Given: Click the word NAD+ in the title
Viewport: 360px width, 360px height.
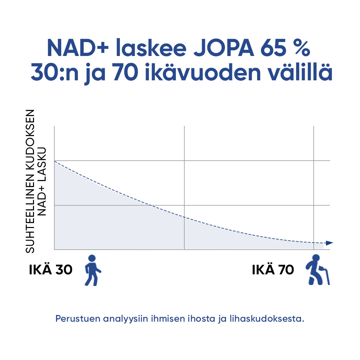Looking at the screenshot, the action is [x=78, y=48].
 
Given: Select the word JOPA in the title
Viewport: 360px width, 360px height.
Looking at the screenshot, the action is [x=224, y=48].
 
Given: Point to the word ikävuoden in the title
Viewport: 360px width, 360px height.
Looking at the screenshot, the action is [x=203, y=72].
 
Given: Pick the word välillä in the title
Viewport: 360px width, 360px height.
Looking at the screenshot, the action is [x=301, y=72].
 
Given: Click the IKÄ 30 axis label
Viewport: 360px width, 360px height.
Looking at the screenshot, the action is [x=51, y=269].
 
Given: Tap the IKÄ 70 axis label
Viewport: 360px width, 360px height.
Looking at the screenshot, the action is [x=273, y=269].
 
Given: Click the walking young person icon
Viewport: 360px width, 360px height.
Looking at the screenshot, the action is [x=93, y=270].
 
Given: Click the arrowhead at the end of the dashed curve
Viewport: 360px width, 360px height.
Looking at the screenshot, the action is [x=329, y=243].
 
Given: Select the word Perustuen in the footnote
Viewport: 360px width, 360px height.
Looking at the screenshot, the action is [x=78, y=319].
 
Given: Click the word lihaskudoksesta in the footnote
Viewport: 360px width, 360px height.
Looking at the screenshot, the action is [x=267, y=319].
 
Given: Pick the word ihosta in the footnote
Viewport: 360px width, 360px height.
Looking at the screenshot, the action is [x=201, y=319].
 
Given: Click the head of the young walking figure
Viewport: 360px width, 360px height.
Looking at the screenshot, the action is [x=92, y=258].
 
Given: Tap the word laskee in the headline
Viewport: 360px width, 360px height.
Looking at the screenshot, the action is [x=151, y=48].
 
